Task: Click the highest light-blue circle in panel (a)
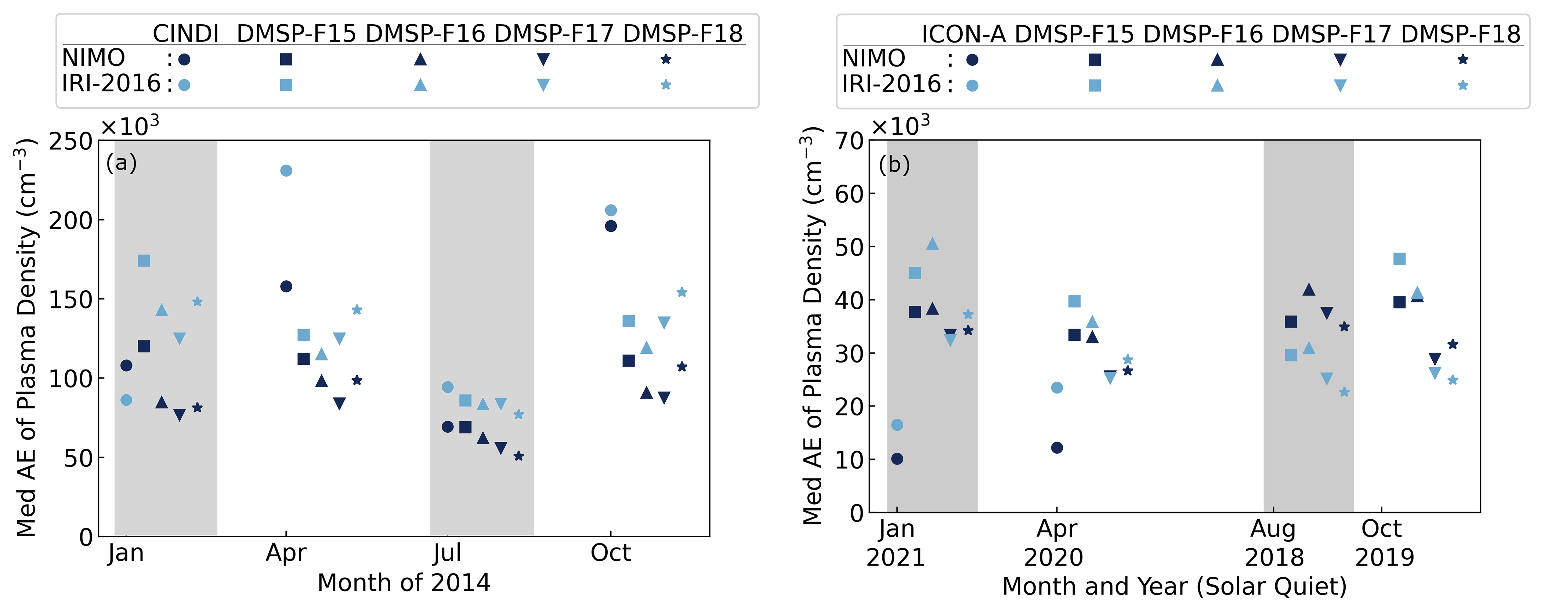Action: point(286,171)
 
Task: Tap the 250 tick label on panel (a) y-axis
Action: point(71,142)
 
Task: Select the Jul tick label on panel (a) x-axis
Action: point(447,552)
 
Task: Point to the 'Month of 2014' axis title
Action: point(404,582)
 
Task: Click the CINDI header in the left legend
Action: point(185,33)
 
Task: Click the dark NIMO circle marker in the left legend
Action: point(185,59)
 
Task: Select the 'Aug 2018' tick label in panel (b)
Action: point(1274,543)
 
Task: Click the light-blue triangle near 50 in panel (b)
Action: point(932,244)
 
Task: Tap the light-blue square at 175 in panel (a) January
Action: point(144,261)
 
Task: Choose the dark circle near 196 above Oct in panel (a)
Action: point(610,226)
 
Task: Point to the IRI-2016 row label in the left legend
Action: point(112,83)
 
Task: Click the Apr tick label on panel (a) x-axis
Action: point(286,552)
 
